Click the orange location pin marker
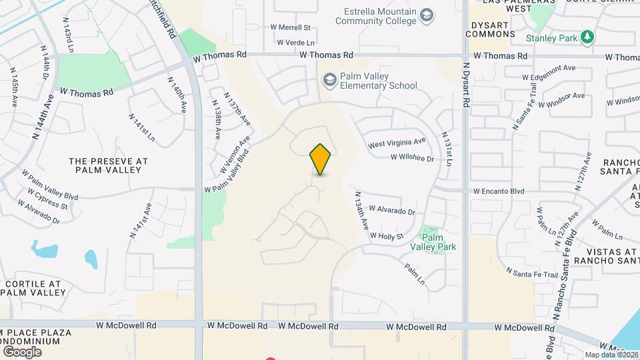[321, 159]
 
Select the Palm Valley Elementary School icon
[329, 81]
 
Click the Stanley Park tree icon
[587, 37]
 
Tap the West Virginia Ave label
[397, 143]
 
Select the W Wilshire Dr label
[412, 159]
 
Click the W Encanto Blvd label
[499, 191]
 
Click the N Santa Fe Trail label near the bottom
[531, 273]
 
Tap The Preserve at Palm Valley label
[108, 165]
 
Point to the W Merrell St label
[291, 27]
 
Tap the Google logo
[22, 351]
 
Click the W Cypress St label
[47, 198]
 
